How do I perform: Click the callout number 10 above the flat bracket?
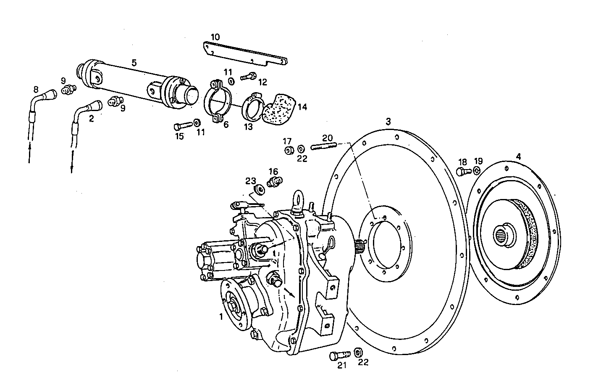point(215,37)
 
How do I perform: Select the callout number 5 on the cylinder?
point(134,63)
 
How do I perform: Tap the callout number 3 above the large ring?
point(388,122)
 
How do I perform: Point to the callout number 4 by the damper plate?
point(518,157)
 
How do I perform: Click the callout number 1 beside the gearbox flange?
point(221,316)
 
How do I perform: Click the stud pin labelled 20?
point(323,146)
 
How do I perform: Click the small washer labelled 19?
point(477,170)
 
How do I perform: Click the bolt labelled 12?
point(249,77)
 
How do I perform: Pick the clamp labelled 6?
point(218,102)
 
